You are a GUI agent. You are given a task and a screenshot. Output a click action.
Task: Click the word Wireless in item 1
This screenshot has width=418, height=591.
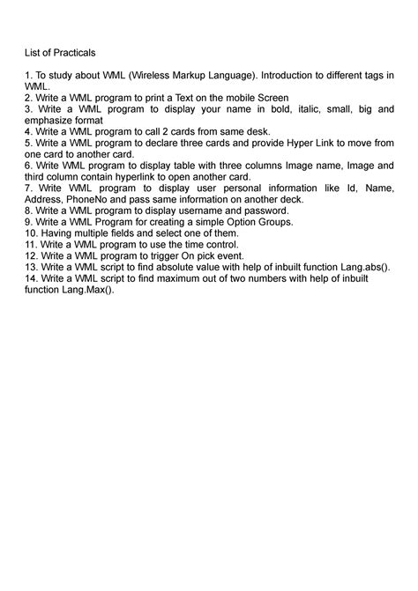pyautogui.click(x=164, y=76)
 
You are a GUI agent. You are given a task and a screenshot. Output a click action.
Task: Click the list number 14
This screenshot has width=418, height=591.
pyautogui.click(x=30, y=277)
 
